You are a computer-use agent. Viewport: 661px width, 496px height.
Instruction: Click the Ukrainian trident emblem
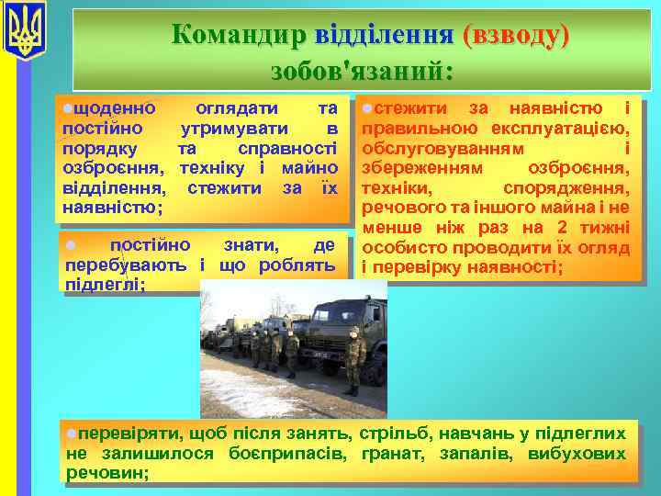[x=25, y=31]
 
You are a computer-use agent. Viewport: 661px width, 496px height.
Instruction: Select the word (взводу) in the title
[x=516, y=34]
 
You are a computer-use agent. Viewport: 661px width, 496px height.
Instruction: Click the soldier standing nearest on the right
[x=355, y=360]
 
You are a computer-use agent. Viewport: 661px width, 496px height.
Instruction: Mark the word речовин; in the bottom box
[x=107, y=472]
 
